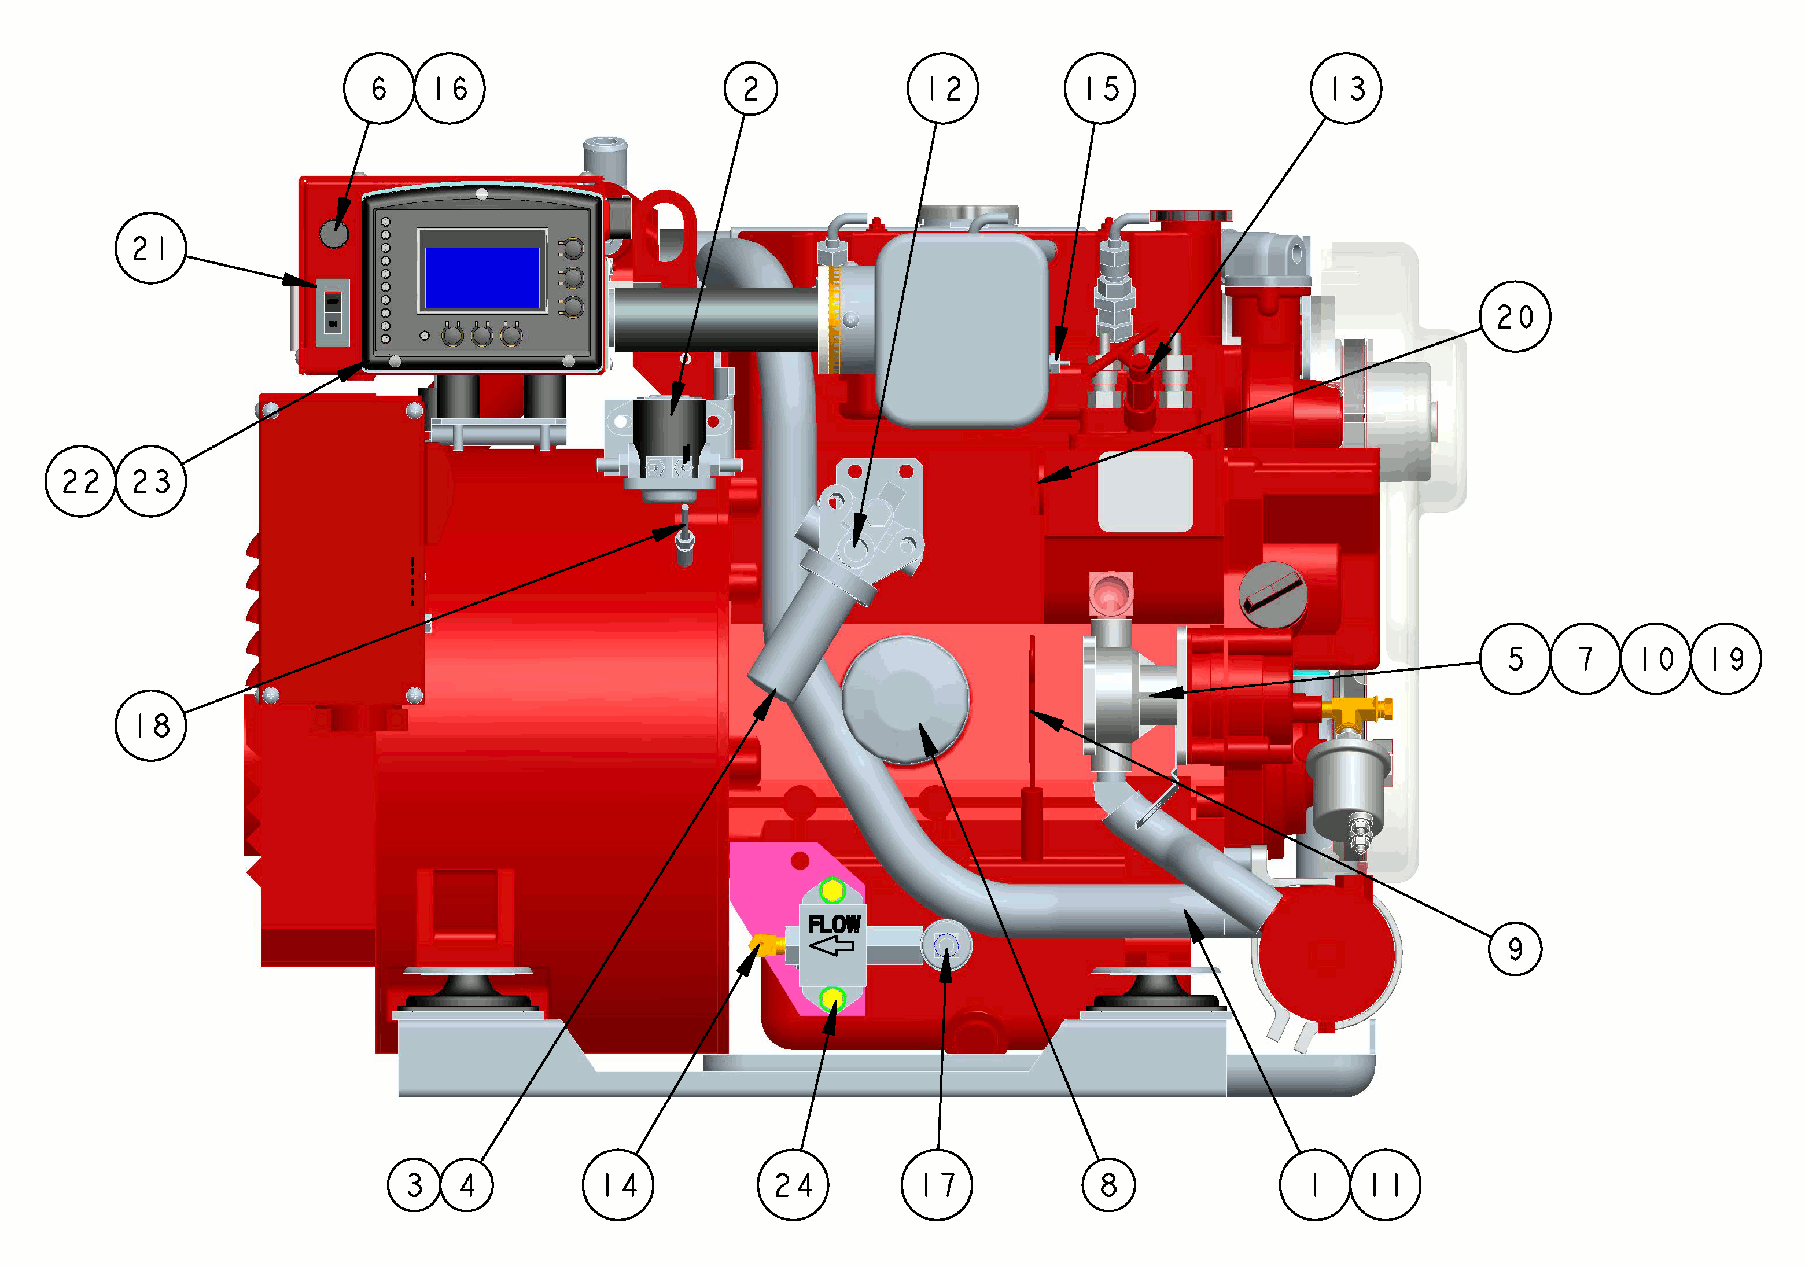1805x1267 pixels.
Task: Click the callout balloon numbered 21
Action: [x=150, y=248]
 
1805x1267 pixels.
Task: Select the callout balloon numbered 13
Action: [x=1346, y=88]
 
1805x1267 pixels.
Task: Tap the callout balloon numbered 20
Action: [x=1515, y=316]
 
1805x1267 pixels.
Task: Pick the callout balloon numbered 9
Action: [x=1515, y=949]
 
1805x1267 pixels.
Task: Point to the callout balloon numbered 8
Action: [x=1108, y=1184]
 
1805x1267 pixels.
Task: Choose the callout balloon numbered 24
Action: [x=793, y=1184]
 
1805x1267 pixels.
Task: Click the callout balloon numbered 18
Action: [x=151, y=725]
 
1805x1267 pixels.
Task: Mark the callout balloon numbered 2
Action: [x=751, y=88]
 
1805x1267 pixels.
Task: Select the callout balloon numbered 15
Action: [x=1100, y=88]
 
